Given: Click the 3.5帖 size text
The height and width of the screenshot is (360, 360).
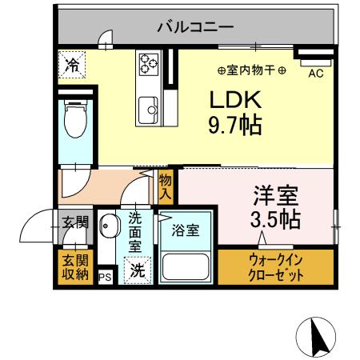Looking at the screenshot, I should [278, 218].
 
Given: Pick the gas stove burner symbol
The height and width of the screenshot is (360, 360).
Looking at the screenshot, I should [149, 63].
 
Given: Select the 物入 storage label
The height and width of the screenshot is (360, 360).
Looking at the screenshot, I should [166, 187].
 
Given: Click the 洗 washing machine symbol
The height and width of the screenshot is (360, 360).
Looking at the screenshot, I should [137, 270].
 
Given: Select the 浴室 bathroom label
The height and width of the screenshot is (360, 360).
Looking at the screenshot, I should [186, 228].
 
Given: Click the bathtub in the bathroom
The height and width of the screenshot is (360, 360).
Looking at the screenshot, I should [186, 263].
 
